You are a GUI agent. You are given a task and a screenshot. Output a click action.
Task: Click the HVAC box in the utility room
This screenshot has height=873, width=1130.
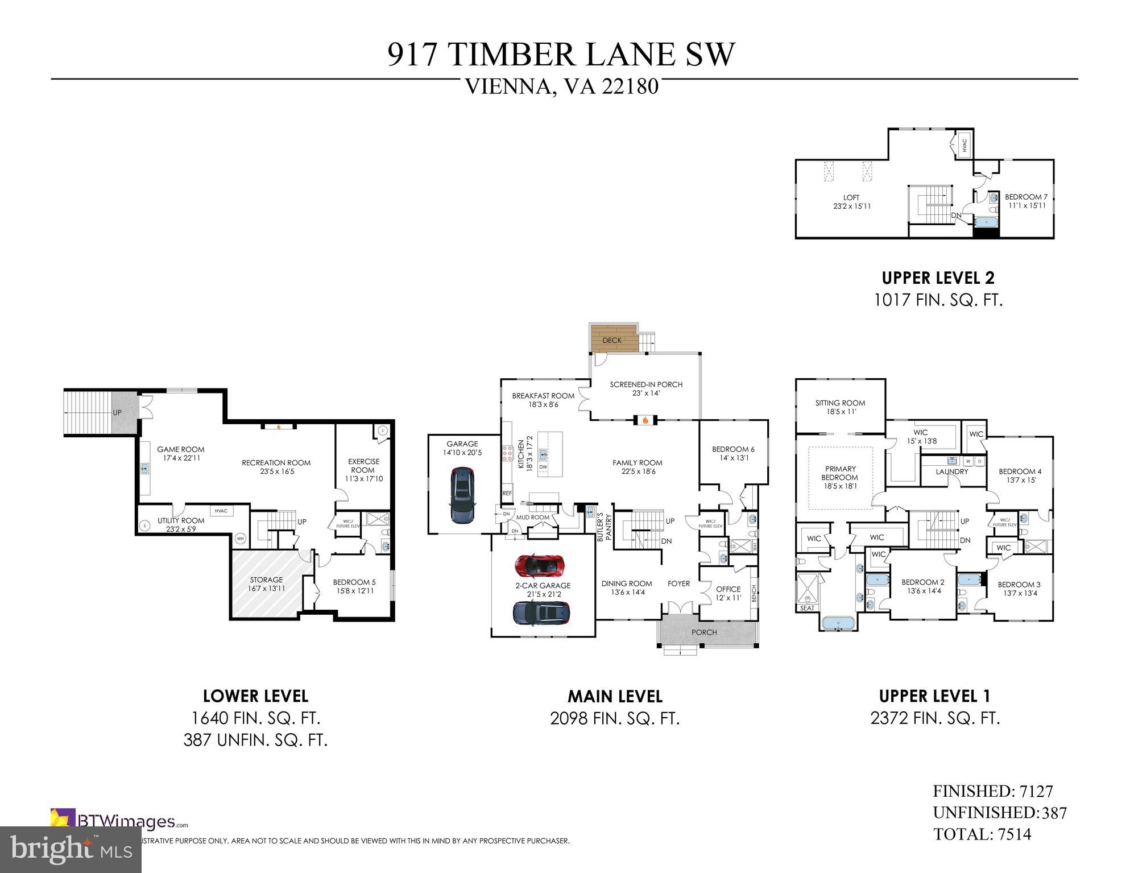(221, 511)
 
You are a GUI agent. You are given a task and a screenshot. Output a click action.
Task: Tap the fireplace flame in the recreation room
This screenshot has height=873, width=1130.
(278, 425)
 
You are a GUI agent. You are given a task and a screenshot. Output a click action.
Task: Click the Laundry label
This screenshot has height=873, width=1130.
(951, 471)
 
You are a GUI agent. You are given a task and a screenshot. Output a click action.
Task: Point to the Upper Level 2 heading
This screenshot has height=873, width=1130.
(938, 278)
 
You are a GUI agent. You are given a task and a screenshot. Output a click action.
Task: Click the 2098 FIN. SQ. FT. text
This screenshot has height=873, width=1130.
(615, 718)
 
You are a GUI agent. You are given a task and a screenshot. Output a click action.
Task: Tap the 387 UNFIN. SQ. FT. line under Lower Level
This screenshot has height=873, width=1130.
(255, 740)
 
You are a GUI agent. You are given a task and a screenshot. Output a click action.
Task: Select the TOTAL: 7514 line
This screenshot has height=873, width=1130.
(982, 834)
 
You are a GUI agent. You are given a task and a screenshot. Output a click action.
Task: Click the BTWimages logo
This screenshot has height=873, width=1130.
(119, 821)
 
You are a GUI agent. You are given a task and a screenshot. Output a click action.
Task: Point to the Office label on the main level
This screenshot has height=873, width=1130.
(728, 589)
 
